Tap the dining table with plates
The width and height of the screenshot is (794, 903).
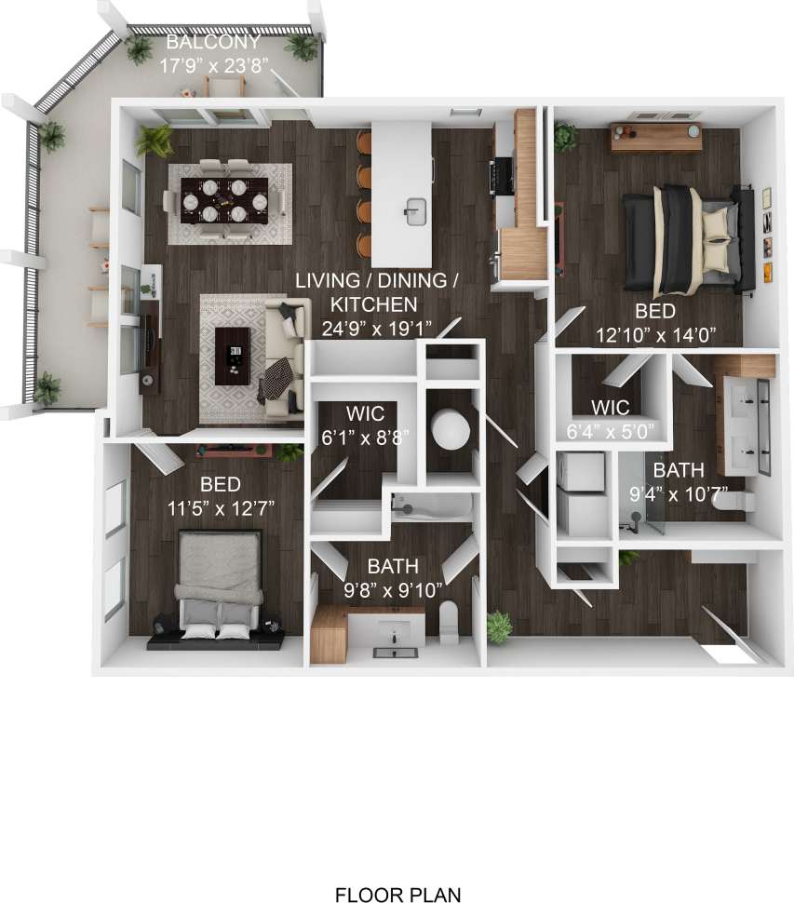pos(223,199)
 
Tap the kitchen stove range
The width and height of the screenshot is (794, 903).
pos(501,172)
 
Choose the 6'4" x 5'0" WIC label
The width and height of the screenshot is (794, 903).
pos(611,420)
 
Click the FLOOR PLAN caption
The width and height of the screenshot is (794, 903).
pos(397,896)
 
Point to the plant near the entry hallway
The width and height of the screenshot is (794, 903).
pos(500,626)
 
